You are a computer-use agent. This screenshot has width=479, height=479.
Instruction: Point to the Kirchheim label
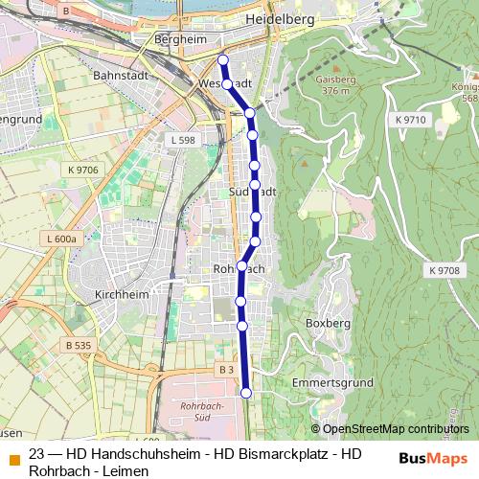click(x=123, y=295)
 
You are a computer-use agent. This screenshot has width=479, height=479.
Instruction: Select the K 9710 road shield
click(x=408, y=118)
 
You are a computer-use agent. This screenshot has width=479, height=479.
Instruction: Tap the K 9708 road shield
click(x=445, y=271)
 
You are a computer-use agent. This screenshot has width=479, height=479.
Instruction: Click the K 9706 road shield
click(x=83, y=170)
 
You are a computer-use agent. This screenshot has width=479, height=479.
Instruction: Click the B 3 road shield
click(x=225, y=369)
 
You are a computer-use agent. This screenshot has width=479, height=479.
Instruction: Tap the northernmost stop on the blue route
click(x=222, y=60)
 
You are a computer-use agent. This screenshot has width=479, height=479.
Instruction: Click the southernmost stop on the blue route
click(x=246, y=392)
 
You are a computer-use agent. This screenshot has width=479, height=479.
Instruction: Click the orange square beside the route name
click(x=12, y=457)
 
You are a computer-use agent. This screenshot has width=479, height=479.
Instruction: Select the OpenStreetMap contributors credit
click(x=395, y=428)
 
